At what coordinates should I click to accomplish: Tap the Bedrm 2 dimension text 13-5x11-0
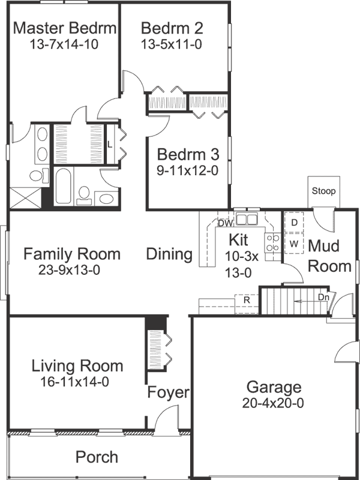[172, 44]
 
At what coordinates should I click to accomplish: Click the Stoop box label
[324, 191]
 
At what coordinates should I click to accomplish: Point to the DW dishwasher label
[225, 223]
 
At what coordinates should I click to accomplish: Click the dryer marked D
[294, 223]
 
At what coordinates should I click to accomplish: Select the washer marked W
[294, 244]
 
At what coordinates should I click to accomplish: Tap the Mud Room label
[329, 256]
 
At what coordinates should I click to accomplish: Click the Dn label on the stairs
[323, 296]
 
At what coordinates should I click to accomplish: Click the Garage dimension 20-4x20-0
[273, 403]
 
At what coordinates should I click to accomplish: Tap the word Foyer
[169, 393]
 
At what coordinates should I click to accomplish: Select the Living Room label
[77, 365]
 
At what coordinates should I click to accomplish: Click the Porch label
[97, 457]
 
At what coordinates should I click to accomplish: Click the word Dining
[170, 254]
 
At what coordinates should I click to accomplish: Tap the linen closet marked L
[109, 144]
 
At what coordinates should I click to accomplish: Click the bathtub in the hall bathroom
[64, 187]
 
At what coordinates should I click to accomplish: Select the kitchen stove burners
[272, 242]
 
